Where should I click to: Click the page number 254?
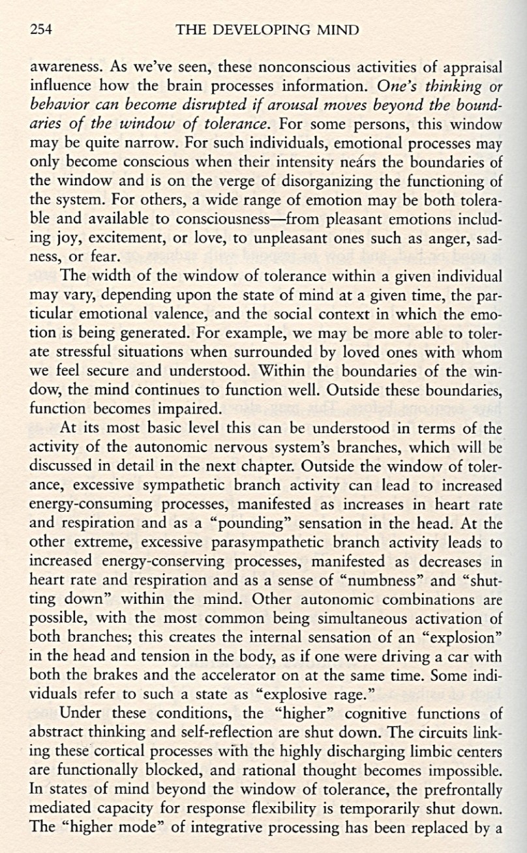[x=41, y=29]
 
